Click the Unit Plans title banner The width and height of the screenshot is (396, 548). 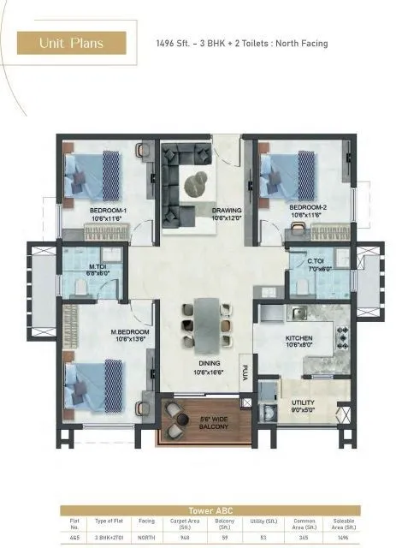click(72, 43)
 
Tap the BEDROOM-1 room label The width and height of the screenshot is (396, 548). click(108, 210)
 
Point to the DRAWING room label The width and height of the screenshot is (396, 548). click(227, 210)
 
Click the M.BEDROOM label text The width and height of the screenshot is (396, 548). click(130, 331)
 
